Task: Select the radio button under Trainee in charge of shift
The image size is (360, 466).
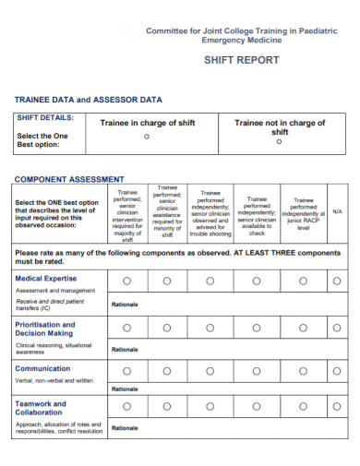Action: coord(147,137)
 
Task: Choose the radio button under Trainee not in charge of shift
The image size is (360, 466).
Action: coord(279,141)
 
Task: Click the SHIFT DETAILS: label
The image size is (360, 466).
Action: coord(45,118)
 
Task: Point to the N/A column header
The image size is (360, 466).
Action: coord(337,212)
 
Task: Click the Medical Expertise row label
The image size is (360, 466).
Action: coord(46,278)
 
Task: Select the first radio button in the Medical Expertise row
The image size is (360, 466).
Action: coord(126,281)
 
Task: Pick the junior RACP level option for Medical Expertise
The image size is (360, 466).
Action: coord(304,281)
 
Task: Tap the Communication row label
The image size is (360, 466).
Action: coord(42,368)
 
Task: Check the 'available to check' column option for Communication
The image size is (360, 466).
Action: coord(258,369)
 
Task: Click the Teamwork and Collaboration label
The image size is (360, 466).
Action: coord(41,408)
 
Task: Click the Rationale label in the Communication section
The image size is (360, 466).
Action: coord(125,388)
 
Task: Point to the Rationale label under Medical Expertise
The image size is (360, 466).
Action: coord(125,304)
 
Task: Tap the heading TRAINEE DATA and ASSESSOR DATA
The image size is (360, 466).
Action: coord(88,99)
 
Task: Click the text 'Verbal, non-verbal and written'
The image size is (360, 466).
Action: coord(54,380)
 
